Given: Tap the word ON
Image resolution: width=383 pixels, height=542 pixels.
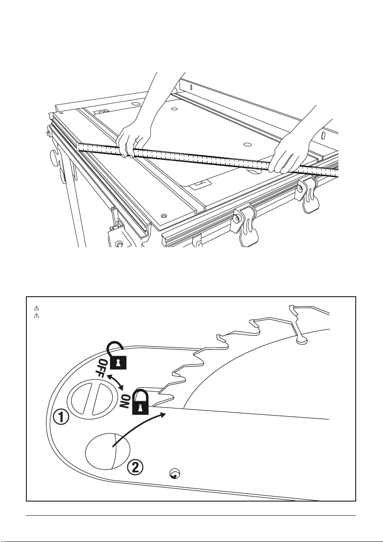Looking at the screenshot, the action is (x=126, y=401).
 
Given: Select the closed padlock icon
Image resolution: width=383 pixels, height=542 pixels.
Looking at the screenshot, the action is (x=140, y=400).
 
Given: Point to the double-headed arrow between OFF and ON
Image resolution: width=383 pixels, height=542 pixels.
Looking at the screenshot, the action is (x=116, y=382).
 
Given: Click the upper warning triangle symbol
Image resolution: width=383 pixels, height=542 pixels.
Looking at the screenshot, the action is (x=36, y=308).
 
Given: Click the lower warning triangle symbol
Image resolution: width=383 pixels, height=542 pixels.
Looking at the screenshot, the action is (x=36, y=316).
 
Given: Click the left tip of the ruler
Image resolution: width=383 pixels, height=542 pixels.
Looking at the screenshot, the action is (x=77, y=147).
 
